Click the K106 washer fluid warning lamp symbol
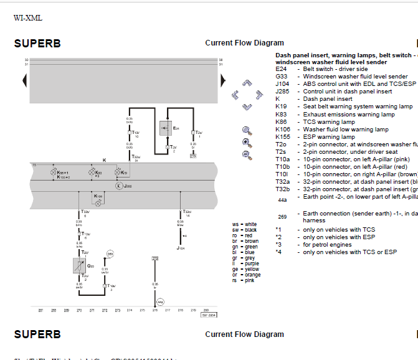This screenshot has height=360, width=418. (98, 203)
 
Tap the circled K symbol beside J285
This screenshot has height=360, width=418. (118, 186)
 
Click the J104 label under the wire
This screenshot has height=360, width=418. (180, 247)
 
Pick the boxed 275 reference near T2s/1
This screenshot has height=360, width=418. (193, 156)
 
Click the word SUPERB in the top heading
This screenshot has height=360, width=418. (37, 44)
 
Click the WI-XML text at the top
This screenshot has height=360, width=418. (28, 18)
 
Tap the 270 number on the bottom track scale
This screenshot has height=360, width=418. (79, 310)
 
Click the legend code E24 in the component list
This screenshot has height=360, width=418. (281, 69)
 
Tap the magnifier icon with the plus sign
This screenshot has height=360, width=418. (247, 143)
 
